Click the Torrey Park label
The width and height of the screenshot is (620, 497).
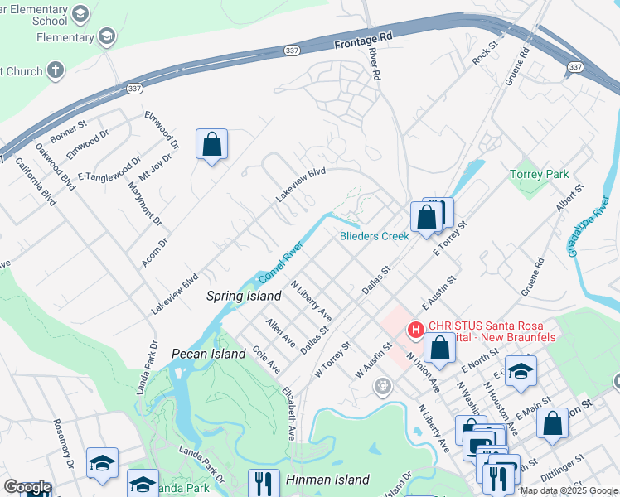pos(540,175)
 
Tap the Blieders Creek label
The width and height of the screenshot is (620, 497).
pos(375,236)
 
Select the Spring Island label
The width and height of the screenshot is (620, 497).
pos(238,295)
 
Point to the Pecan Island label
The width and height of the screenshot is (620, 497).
pos(208,354)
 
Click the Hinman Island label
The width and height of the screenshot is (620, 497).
pos(327,480)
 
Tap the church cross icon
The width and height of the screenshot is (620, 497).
pos(56,71)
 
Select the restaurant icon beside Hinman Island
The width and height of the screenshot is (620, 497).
pos(264,483)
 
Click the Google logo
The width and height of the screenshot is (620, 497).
pos(27,488)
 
